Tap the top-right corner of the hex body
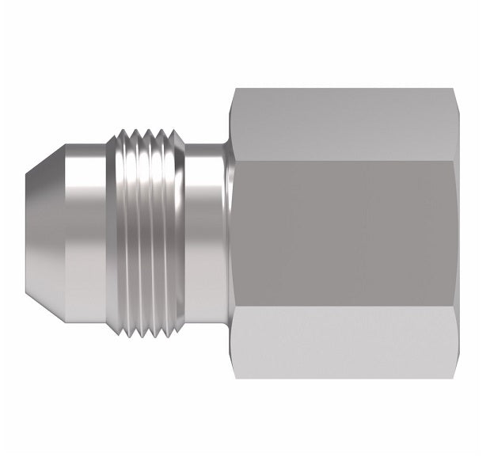tap(458, 90)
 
